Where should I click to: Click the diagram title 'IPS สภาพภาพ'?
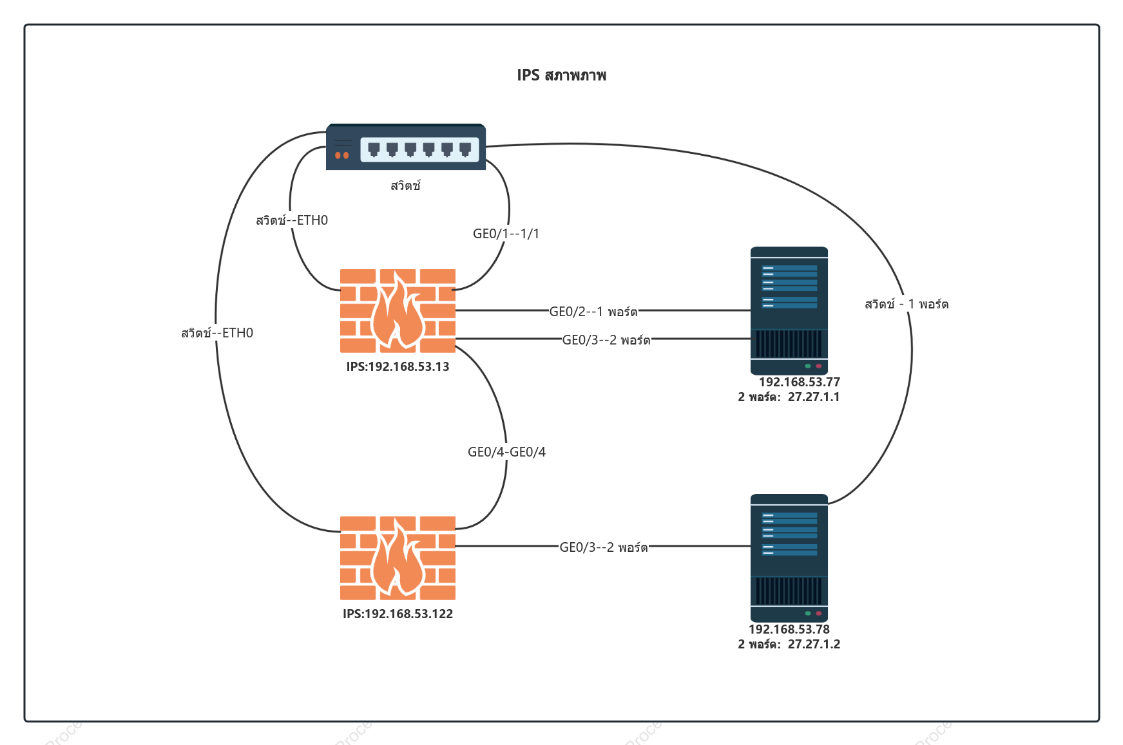tap(561, 75)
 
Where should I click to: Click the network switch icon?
tap(406, 147)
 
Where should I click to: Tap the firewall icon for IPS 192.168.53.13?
tap(398, 310)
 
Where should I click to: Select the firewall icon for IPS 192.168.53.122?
tap(398, 558)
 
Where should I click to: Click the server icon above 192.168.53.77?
tap(789, 310)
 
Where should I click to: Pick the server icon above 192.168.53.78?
tap(789, 558)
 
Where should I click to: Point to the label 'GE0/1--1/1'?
tap(506, 234)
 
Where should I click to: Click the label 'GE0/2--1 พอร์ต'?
tap(593, 312)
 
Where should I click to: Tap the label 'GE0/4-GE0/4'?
tap(506, 452)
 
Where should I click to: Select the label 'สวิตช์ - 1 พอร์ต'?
tap(907, 304)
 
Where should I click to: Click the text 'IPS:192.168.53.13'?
tap(398, 366)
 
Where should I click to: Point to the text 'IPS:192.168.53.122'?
tap(398, 614)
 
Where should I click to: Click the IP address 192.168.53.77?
tap(800, 382)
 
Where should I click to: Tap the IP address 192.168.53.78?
tap(789, 629)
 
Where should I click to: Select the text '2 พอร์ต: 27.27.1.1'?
tap(789, 397)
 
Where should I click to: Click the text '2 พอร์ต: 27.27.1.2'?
tap(789, 644)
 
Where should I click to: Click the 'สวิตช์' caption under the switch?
tap(405, 185)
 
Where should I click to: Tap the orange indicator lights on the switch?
tap(342, 155)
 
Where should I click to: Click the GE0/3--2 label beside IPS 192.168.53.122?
tap(604, 547)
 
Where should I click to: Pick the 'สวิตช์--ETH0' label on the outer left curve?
tap(217, 333)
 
